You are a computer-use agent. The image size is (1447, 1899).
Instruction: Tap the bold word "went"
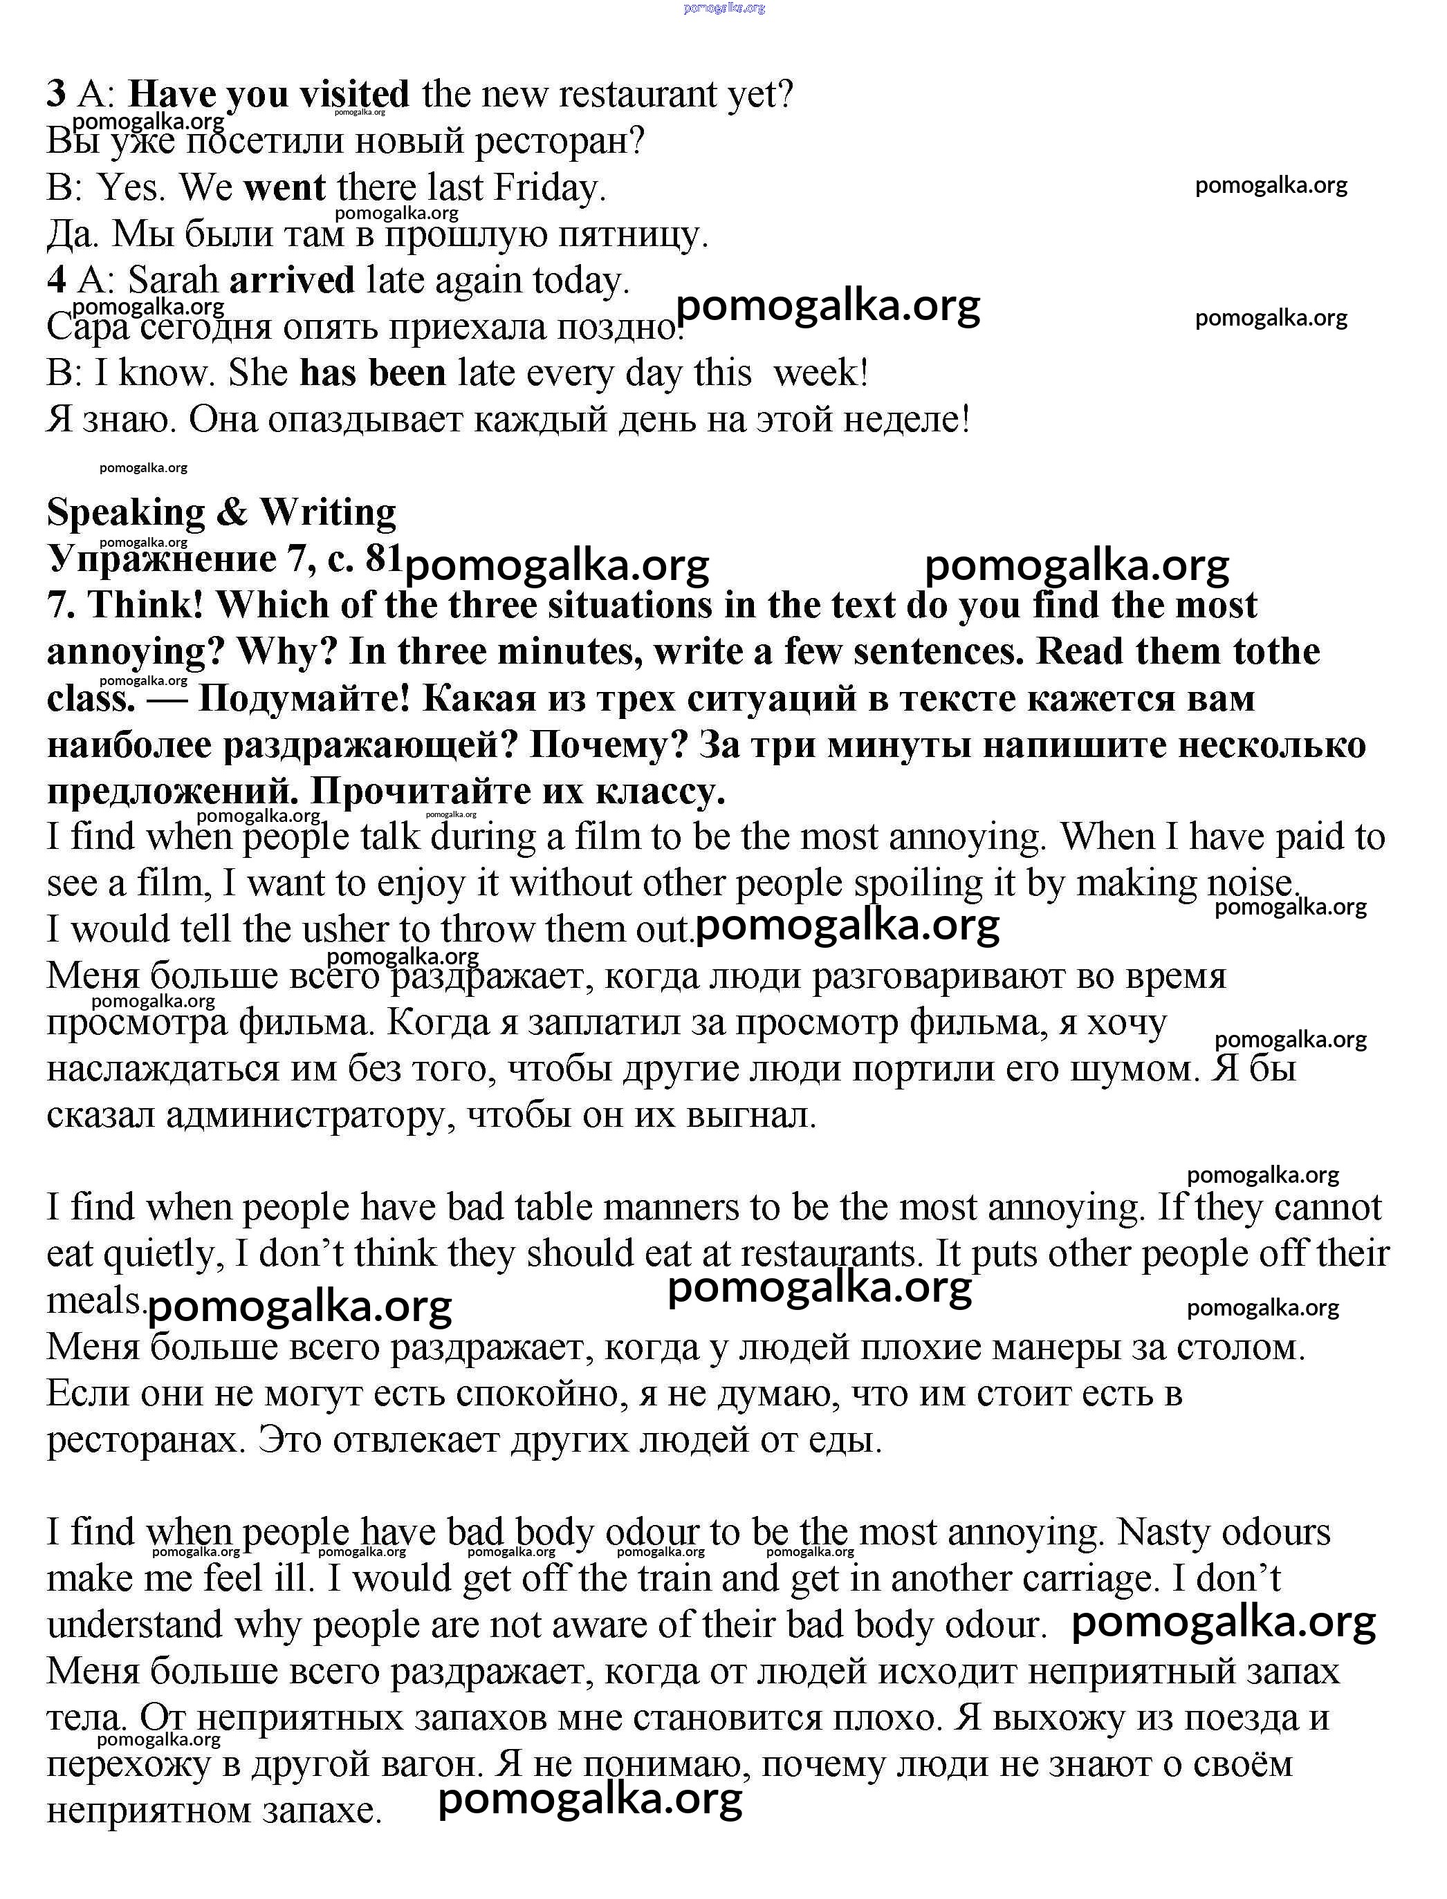[x=284, y=187]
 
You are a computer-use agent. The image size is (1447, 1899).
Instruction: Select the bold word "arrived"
[x=292, y=281]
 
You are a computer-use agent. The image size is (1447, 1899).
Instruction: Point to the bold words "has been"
[x=373, y=373]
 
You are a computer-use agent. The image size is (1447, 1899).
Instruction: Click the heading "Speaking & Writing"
[x=221, y=512]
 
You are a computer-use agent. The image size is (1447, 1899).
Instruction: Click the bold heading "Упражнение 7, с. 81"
[x=224, y=559]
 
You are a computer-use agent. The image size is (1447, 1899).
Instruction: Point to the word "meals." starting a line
[x=95, y=1301]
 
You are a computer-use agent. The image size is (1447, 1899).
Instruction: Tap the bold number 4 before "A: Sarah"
[x=56, y=281]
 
